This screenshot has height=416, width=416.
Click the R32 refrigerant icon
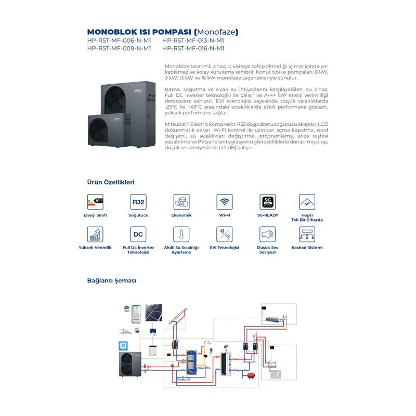(138, 202)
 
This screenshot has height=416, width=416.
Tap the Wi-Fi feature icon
(225, 202)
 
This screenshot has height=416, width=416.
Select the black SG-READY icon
(268, 202)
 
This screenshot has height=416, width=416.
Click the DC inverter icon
(138, 234)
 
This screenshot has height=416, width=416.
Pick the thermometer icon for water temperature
(181, 234)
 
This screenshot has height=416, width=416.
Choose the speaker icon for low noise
(268, 234)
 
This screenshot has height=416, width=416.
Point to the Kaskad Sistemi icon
(307, 234)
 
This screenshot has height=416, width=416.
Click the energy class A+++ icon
(95, 202)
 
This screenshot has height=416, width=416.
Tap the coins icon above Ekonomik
(181, 202)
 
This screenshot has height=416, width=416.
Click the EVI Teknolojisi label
(225, 248)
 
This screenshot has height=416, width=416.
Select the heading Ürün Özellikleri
(111, 183)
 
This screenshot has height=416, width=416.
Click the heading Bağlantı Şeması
(111, 280)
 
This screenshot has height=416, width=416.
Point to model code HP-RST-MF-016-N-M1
(193, 48)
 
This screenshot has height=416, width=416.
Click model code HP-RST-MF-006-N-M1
(119, 40)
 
